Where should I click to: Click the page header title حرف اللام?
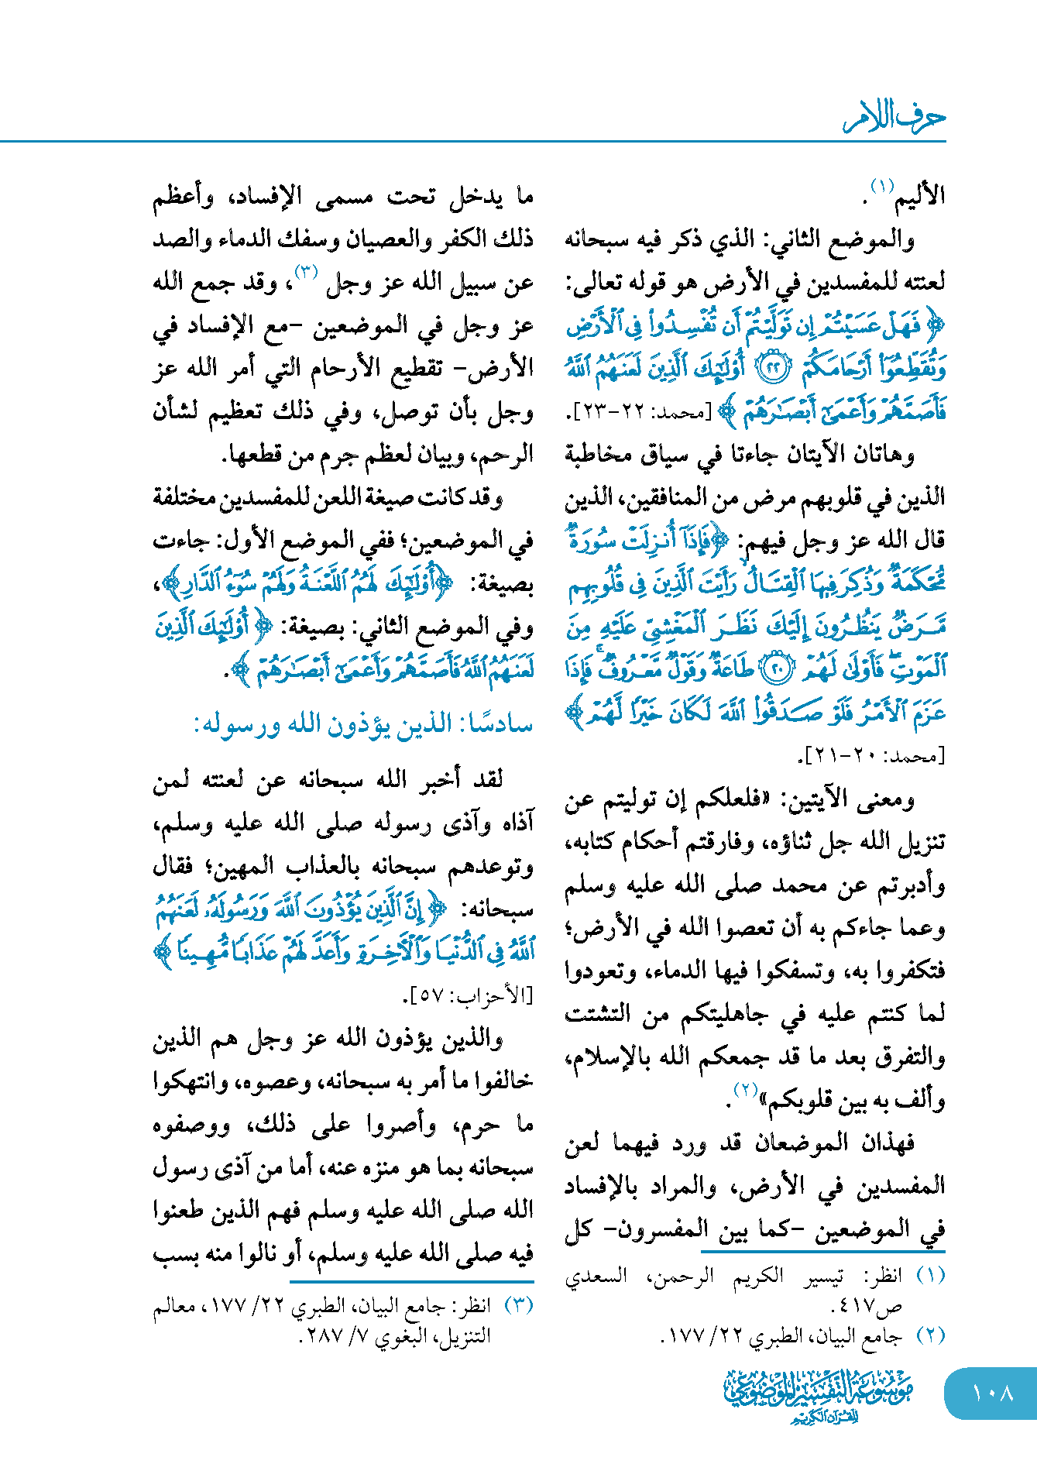pos(894,118)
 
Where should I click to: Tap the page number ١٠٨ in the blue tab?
pos(992,1393)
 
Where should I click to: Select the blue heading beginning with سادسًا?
pos(363,725)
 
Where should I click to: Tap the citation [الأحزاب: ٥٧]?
pos(469,996)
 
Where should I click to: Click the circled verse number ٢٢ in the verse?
pos(771,369)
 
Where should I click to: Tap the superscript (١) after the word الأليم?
pos(881,187)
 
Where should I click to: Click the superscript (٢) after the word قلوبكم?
pos(745,1090)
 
